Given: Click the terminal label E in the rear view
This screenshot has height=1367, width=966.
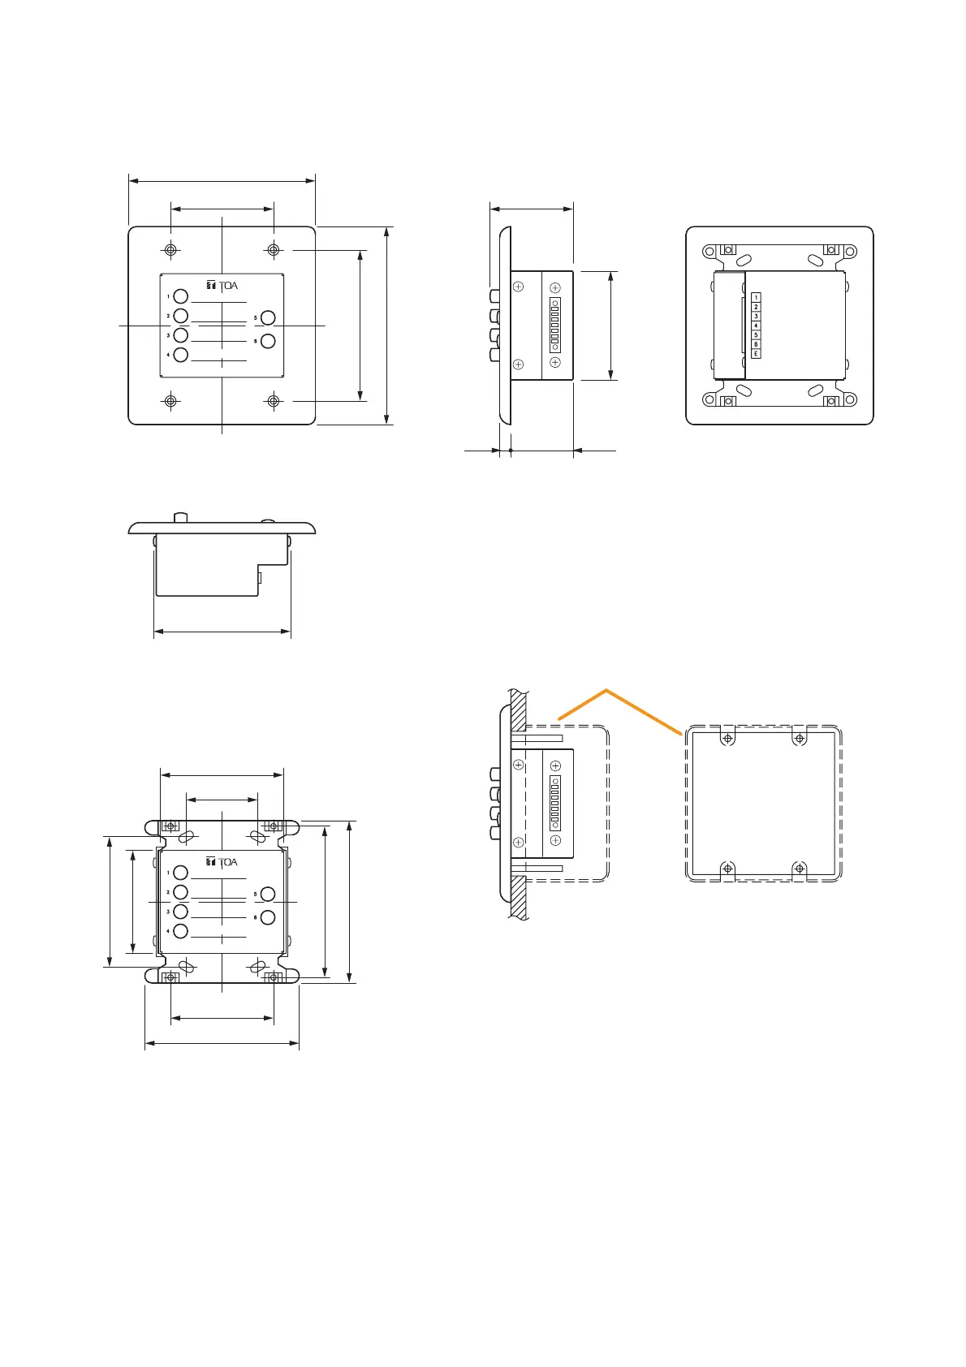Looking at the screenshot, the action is [x=756, y=353].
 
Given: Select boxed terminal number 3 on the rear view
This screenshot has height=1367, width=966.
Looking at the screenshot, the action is [x=756, y=317].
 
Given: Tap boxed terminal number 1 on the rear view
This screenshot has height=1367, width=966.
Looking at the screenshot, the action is [x=756, y=298].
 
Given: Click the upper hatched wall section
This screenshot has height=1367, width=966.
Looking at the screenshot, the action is [x=519, y=707].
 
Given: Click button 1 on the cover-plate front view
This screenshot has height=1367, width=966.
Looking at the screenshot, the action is [x=181, y=296].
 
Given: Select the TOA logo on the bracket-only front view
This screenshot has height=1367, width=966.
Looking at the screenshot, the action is [x=222, y=862].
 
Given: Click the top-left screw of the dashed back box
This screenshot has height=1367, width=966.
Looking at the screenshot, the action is [x=728, y=739].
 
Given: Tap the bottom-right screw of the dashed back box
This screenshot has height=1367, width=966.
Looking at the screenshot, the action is [x=800, y=869].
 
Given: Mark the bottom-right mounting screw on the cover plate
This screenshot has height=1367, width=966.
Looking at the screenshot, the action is [x=274, y=401].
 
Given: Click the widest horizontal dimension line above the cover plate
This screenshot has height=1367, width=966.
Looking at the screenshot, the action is [x=222, y=182].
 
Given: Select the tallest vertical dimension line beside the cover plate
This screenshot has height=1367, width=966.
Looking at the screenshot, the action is [x=386, y=326].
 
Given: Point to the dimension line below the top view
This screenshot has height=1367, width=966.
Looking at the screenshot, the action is [x=222, y=630].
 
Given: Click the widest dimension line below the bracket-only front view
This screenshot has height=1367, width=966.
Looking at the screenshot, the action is [x=222, y=1043].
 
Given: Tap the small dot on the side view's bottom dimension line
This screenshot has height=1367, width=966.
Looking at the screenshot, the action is [x=510, y=450].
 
